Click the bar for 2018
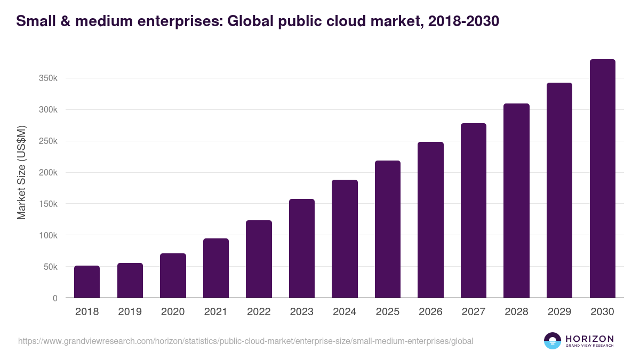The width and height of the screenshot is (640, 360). click(87, 282)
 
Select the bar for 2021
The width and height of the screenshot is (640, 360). click(216, 268)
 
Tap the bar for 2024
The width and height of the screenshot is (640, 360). click(345, 239)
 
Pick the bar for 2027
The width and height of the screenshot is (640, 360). click(474, 211)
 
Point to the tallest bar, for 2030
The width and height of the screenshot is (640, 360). click(603, 179)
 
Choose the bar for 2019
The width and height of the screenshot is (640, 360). click(130, 281)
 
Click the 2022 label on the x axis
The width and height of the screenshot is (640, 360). click(259, 311)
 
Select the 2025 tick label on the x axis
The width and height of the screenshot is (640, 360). click(388, 311)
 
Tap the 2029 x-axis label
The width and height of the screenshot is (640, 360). click(559, 311)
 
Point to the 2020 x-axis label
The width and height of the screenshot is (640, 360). click(173, 311)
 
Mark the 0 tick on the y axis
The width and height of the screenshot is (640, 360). click(55, 298)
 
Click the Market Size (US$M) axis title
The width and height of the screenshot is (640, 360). click(21, 172)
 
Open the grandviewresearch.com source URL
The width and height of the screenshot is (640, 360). click(245, 341)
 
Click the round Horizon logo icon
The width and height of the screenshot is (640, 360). click(553, 341)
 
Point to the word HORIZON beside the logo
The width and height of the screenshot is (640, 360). click(589, 338)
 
